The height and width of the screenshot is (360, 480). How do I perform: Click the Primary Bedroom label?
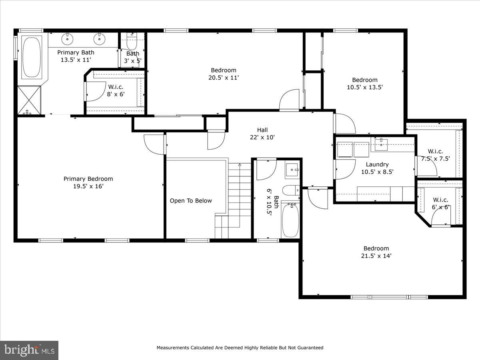click(x=88, y=179)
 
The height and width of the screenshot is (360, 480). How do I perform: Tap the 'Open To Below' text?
click(x=191, y=201)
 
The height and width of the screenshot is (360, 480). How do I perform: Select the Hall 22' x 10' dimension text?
click(x=262, y=137)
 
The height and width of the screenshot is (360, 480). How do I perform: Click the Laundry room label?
click(x=377, y=164)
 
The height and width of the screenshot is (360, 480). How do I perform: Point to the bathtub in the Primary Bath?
click(x=32, y=57)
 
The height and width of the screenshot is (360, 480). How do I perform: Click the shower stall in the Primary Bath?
click(x=29, y=100)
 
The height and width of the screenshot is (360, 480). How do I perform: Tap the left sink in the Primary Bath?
click(x=67, y=39)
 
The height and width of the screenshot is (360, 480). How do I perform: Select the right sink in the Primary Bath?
click(x=99, y=39)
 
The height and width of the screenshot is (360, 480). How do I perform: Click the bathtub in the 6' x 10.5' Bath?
click(x=290, y=220)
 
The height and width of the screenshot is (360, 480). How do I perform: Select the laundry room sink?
click(x=381, y=144)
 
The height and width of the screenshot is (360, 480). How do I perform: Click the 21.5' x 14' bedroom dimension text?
click(x=376, y=256)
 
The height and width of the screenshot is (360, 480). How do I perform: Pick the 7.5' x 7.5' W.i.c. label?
click(x=435, y=158)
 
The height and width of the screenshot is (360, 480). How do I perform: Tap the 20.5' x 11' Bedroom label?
click(x=223, y=70)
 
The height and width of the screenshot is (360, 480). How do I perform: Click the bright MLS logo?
click(x=29, y=350)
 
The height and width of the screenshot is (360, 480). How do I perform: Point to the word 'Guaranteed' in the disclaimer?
click(x=308, y=348)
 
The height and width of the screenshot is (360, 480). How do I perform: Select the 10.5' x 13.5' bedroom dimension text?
click(x=364, y=87)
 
